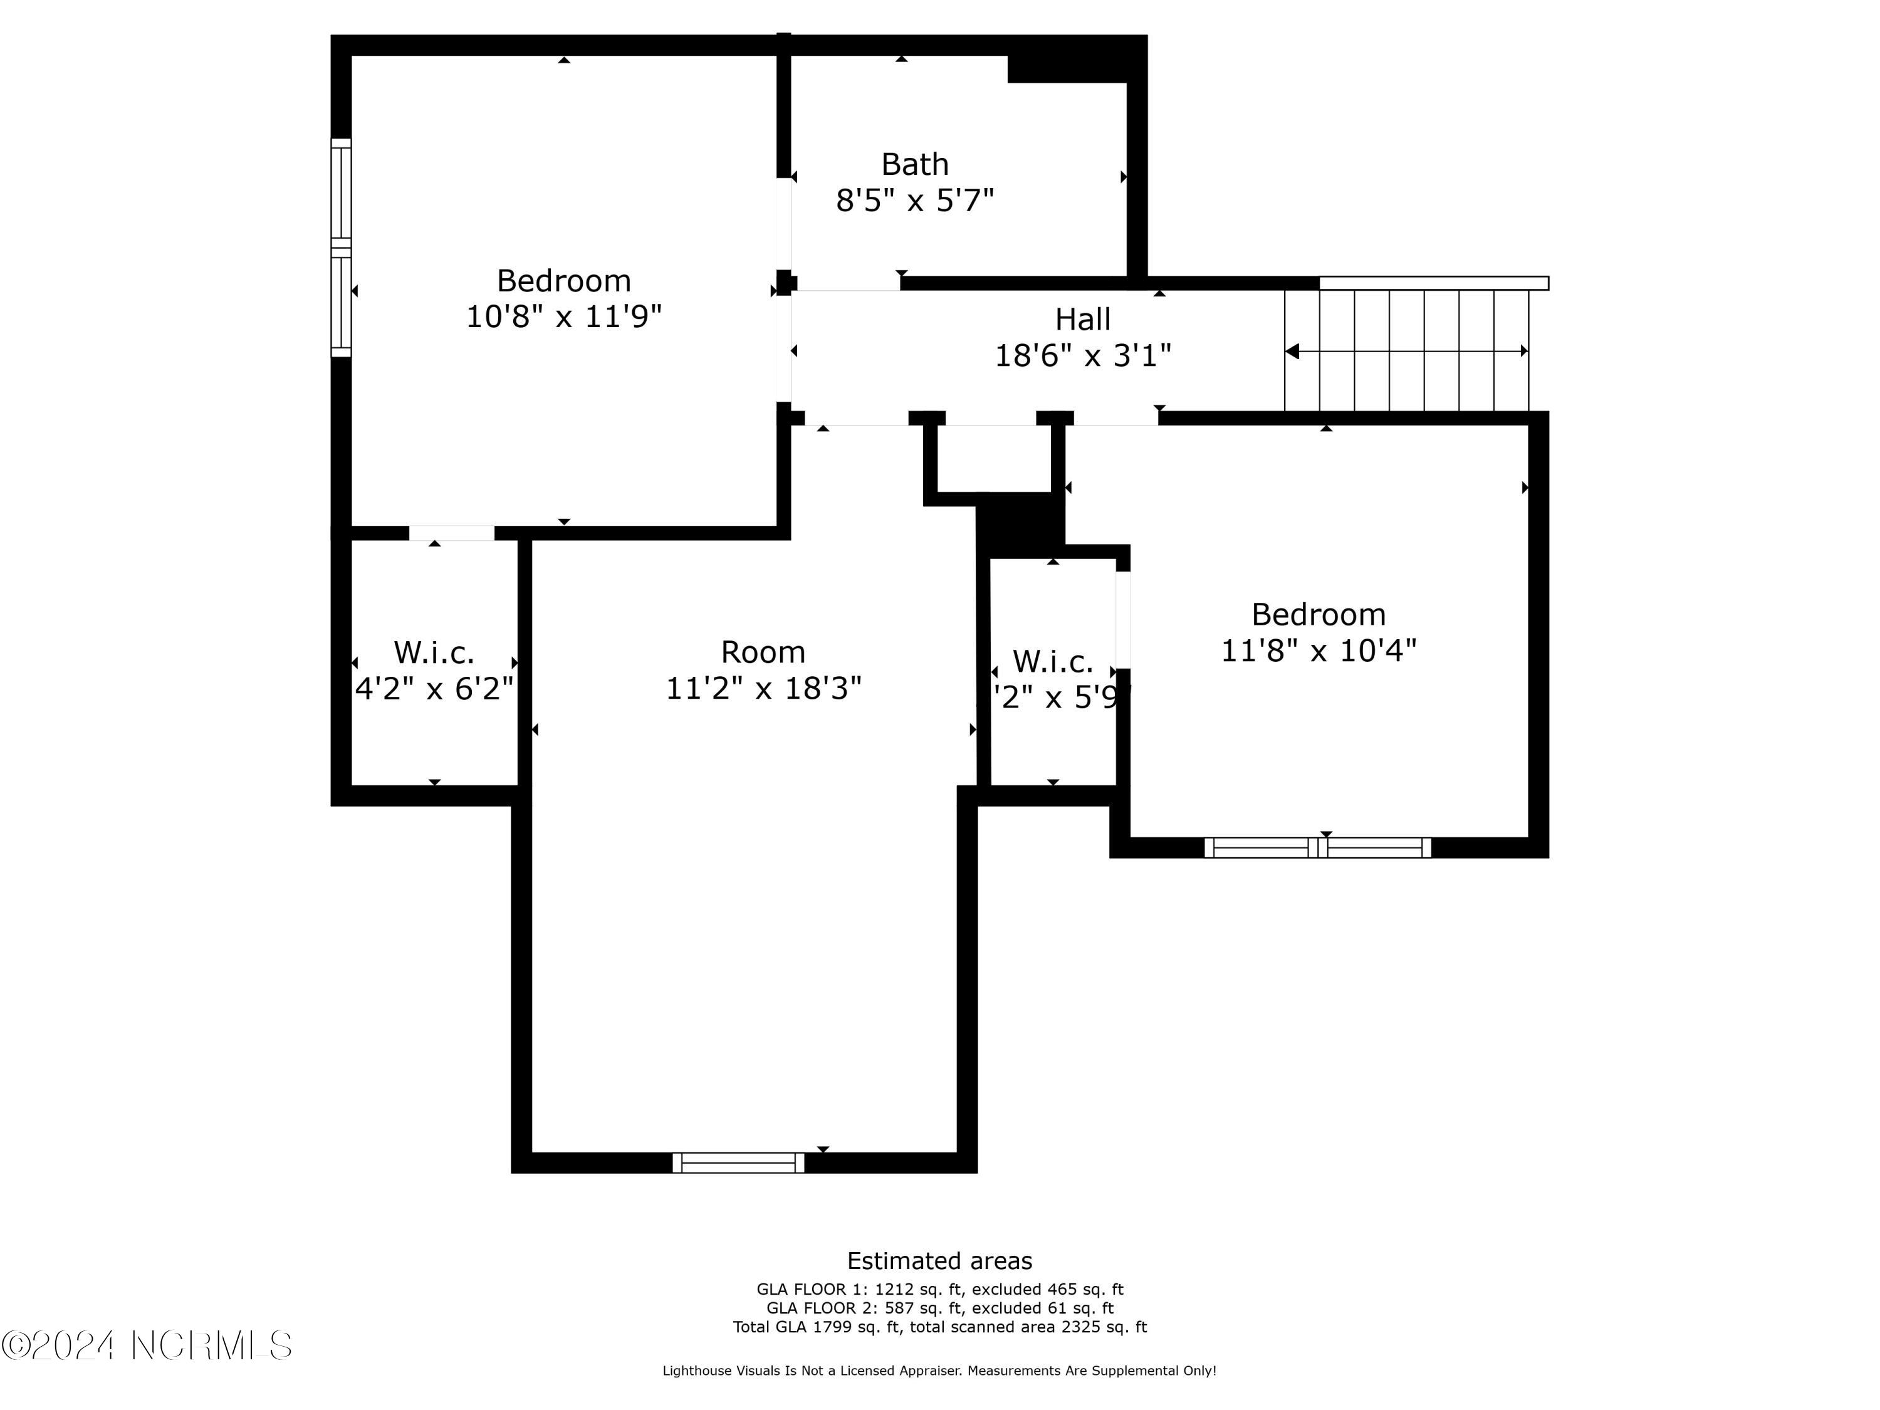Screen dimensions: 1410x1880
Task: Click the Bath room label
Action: (914, 164)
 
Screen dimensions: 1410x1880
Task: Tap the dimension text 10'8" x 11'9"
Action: (563, 317)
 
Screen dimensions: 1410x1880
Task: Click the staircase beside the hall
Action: (1407, 351)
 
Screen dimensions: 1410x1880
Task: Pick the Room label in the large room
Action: (763, 652)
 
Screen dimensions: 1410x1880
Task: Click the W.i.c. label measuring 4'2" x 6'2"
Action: (434, 653)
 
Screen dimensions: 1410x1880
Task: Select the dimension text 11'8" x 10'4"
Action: (1319, 651)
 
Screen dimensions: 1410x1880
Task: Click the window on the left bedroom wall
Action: (341, 248)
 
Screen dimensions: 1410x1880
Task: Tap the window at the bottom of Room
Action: (738, 1162)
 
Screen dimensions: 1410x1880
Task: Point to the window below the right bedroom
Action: (1317, 847)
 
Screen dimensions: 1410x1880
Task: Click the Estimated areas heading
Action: (939, 1260)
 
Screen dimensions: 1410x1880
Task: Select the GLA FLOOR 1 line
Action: (939, 1289)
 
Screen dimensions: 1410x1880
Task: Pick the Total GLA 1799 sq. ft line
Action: (939, 1327)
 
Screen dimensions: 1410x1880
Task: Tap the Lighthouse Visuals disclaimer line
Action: (939, 1370)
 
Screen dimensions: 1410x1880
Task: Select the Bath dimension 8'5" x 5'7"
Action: (914, 201)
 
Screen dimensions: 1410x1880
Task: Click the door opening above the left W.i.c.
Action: (451, 533)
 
